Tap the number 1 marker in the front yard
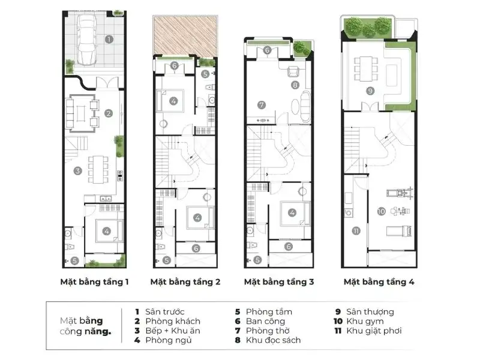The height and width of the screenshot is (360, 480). coord(109,40)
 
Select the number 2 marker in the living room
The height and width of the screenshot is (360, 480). coord(109,113)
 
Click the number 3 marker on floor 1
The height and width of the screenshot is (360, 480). coord(77,170)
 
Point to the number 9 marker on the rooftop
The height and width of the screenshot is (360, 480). coord(370,91)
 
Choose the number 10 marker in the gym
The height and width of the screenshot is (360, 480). coord(381,211)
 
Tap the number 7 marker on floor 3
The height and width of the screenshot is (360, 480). coord(261,104)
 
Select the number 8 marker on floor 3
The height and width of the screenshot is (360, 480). coord(295,85)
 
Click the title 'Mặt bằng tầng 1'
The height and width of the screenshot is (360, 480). coord(94,281)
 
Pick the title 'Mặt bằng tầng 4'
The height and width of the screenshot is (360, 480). coord(379,281)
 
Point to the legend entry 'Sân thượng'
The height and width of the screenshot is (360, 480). coord(373,311)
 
